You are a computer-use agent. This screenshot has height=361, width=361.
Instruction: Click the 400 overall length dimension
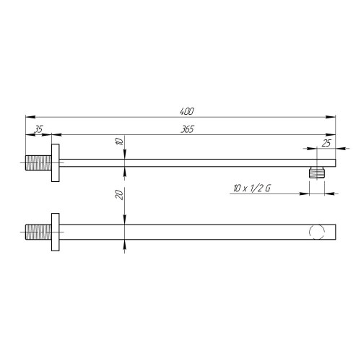coord(187,111)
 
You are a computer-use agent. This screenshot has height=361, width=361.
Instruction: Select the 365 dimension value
coord(187,129)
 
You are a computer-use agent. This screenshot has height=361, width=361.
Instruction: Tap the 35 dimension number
coord(38,129)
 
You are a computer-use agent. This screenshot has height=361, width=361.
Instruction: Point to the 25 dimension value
coord(326,143)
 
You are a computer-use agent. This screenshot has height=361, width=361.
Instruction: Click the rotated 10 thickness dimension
coord(120,141)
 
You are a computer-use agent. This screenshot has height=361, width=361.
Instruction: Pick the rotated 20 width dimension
coord(120,194)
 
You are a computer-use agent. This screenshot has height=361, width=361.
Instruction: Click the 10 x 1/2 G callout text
coord(252,188)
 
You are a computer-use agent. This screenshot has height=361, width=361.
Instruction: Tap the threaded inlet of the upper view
coord(38,163)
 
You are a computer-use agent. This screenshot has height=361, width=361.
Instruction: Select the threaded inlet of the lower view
coord(38,232)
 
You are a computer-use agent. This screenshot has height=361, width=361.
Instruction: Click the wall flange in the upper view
coord(56,163)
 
